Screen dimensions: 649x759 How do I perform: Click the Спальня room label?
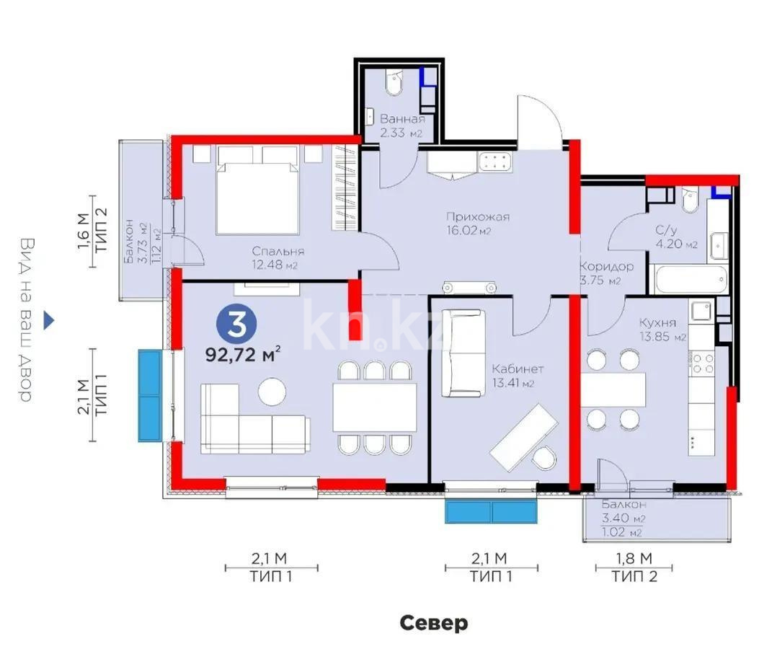tap(278, 252)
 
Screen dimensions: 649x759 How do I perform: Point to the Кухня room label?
tap(657, 322)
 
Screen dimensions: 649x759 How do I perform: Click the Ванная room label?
tap(401, 119)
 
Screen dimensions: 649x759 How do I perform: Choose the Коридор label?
tap(606, 266)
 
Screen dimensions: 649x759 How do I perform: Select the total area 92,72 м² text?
tap(243, 355)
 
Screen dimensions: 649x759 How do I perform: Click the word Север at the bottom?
tap(434, 622)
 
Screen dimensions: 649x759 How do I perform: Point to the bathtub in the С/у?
tap(688, 279)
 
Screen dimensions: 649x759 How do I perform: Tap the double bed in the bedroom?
tap(257, 191)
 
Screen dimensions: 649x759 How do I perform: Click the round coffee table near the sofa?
tap(272, 391)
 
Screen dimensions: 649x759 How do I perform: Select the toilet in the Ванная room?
tap(394, 84)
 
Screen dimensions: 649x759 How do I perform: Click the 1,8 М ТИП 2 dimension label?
tap(634, 567)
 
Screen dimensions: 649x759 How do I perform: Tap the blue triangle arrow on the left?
tap(48, 320)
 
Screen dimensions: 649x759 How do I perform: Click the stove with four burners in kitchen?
tap(702, 363)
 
